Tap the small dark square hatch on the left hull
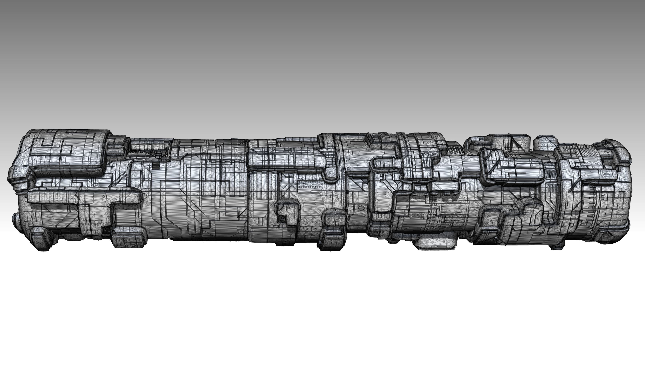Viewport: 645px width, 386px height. [156, 166]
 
